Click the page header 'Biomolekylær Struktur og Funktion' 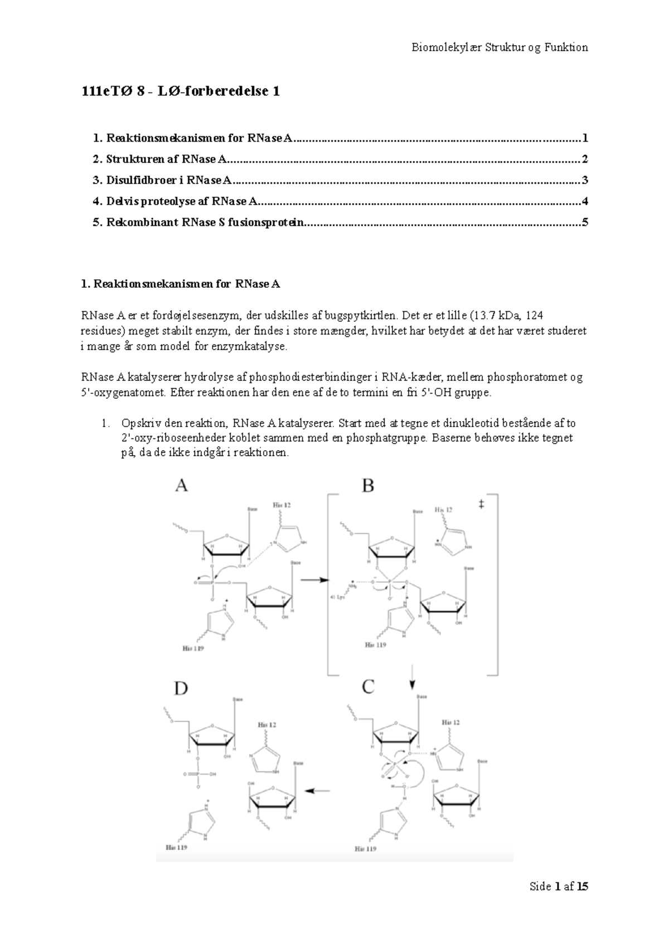[x=500, y=47]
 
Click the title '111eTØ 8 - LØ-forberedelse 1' [x=180, y=92]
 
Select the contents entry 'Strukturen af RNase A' [x=160, y=160]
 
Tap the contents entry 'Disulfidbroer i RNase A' [x=162, y=180]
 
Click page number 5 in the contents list [x=585, y=223]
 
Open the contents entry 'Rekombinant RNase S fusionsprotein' [x=198, y=223]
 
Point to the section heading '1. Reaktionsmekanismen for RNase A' [x=181, y=284]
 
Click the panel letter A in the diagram [x=181, y=486]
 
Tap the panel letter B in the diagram [x=368, y=486]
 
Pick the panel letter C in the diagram [x=368, y=687]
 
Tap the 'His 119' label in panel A [x=193, y=648]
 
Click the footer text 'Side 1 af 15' [x=559, y=886]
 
